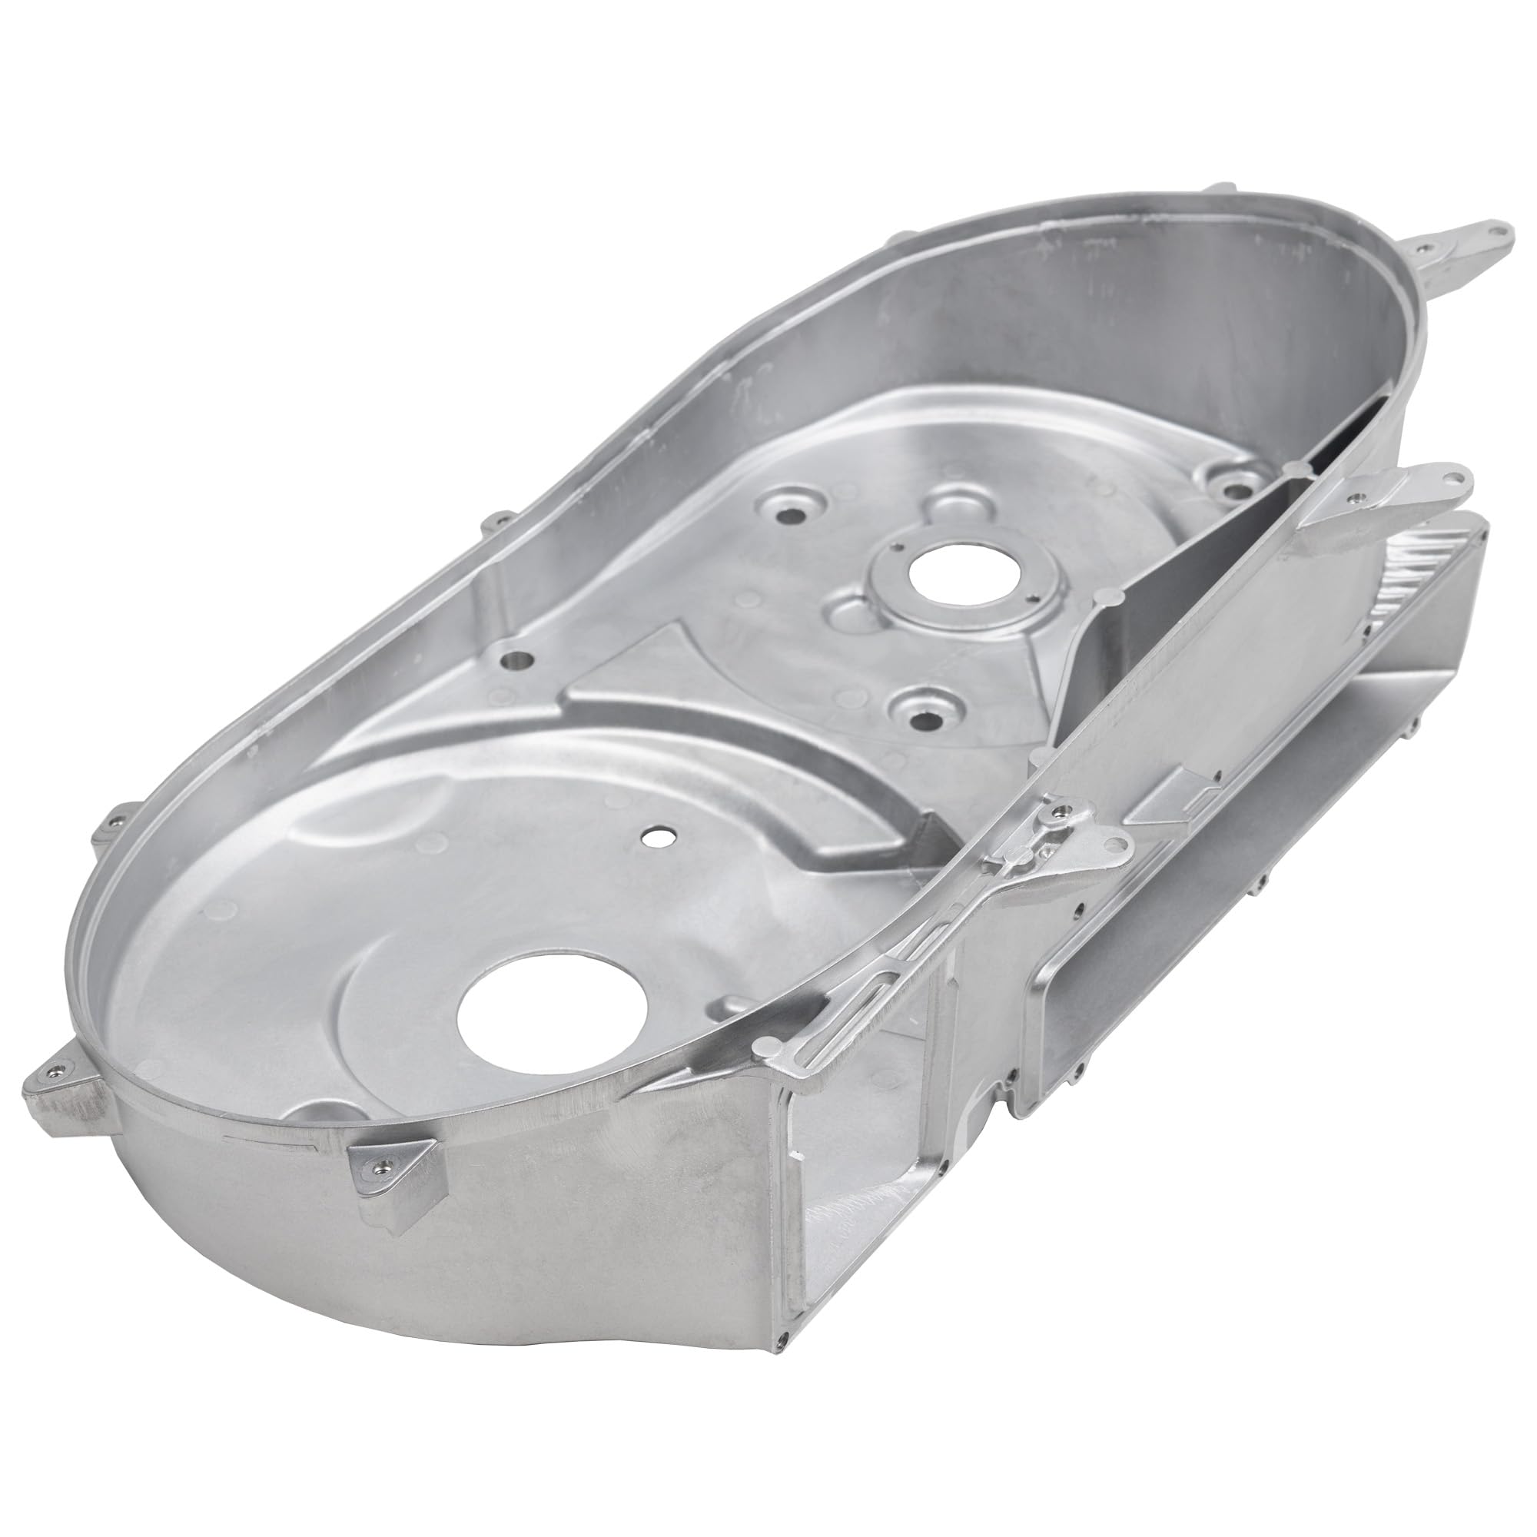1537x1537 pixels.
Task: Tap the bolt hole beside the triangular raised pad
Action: (x=519, y=636)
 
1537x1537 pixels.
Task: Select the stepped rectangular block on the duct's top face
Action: (x=1177, y=792)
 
